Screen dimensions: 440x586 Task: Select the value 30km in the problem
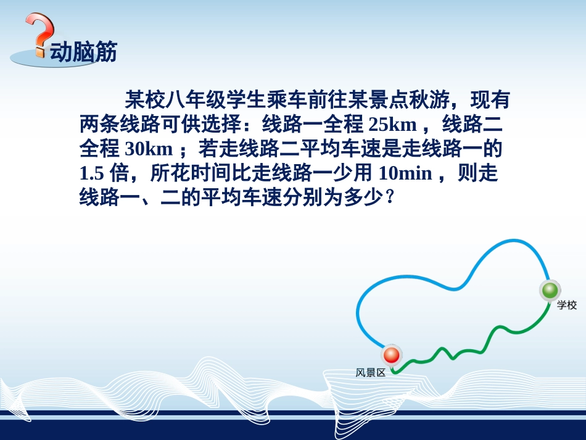pos(148,149)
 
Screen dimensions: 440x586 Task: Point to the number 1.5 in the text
pos(93,173)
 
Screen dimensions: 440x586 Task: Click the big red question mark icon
pos(39,34)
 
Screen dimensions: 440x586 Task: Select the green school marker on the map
pos(549,289)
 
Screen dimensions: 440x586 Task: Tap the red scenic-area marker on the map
pos(391,355)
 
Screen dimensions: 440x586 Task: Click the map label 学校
pos(567,305)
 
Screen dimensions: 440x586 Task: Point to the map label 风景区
pos(370,373)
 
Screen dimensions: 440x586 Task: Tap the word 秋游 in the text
pos(437,99)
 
